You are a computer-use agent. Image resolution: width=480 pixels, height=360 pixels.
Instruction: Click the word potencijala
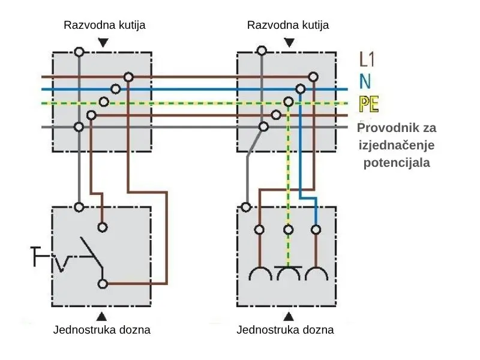397,162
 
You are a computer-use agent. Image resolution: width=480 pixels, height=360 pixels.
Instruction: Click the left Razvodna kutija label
104,25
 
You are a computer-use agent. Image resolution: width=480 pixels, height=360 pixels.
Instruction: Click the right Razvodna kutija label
288,25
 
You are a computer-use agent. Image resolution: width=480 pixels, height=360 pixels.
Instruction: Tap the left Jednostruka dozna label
102,330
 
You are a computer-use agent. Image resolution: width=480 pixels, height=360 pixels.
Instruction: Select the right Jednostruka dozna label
285,330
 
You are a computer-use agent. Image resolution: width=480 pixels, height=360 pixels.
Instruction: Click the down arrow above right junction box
289,43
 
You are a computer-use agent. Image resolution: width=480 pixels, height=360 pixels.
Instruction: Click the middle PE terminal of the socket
288,229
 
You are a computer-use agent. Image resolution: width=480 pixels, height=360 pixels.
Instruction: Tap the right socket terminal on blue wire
316,229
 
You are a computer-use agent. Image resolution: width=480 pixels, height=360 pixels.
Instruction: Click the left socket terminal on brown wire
259,229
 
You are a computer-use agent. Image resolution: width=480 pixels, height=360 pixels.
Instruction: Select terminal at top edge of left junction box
78,52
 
